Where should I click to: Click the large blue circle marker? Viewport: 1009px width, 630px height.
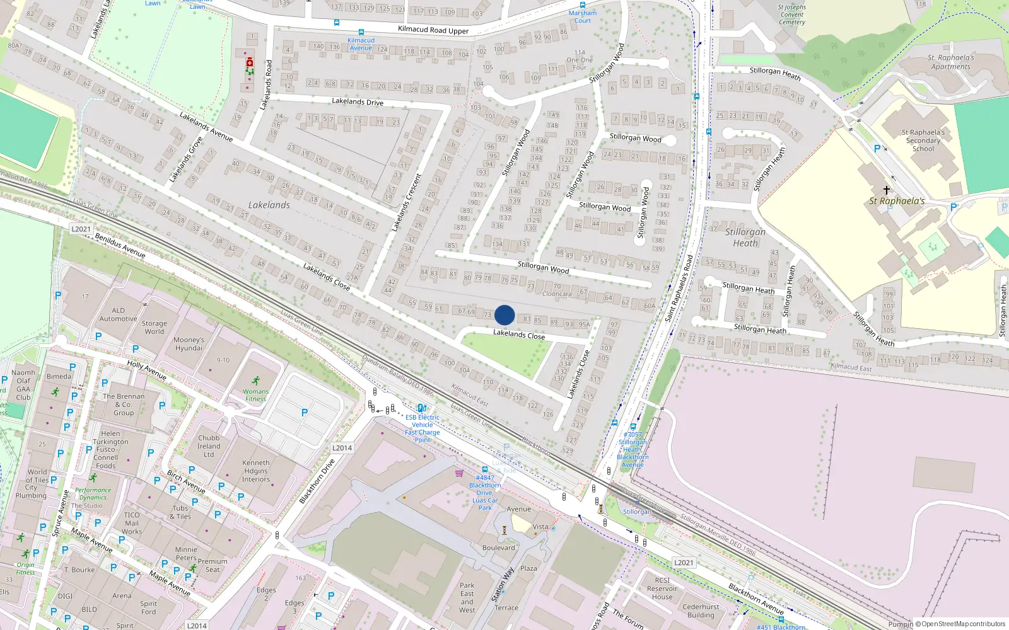tap(504, 315)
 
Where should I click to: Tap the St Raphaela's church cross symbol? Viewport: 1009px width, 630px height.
tap(886, 190)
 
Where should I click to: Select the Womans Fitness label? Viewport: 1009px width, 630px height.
tap(255, 395)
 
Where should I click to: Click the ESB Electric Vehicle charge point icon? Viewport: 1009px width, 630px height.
tap(421, 408)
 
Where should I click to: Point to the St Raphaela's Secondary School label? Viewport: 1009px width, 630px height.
tap(923, 140)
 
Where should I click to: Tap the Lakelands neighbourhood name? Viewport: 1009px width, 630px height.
tap(269, 205)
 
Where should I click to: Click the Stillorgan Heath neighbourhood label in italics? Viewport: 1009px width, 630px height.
tap(745, 237)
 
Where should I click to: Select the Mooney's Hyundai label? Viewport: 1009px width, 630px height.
tap(189, 344)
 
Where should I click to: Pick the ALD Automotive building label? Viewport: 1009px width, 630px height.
tap(118, 314)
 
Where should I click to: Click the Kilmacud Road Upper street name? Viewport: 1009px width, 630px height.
tap(433, 30)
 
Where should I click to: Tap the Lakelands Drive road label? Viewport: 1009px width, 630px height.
tap(358, 101)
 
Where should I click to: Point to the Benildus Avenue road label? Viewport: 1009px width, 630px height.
tap(120, 245)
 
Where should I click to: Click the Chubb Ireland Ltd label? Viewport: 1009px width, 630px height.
tap(209, 446)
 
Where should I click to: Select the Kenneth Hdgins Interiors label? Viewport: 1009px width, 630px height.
tap(256, 471)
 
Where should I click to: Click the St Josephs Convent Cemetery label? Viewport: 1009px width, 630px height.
tap(791, 14)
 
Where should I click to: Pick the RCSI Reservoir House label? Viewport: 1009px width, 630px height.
tap(662, 588)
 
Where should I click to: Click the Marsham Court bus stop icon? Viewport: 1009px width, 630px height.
tap(583, 5)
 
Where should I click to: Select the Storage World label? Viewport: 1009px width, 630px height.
tap(155, 327)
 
